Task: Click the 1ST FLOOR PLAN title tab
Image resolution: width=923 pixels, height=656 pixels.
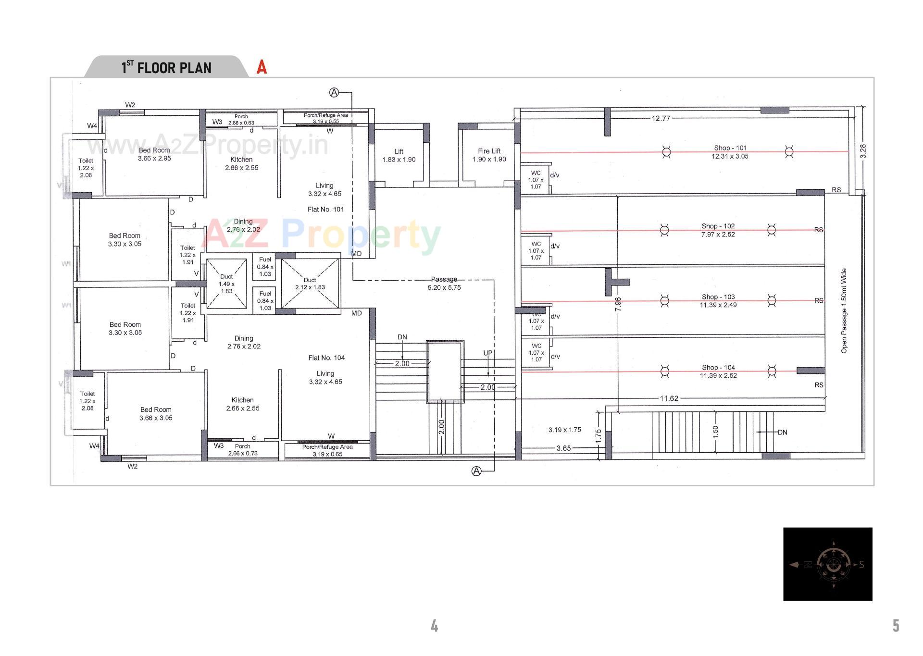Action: pyautogui.click(x=166, y=67)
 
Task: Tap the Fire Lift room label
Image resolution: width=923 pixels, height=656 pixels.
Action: pyautogui.click(x=489, y=155)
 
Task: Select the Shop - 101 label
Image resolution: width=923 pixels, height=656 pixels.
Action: pyautogui.click(x=730, y=152)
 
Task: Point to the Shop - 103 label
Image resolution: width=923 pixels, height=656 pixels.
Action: pyautogui.click(x=718, y=301)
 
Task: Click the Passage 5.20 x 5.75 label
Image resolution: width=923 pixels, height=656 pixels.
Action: pyautogui.click(x=444, y=283)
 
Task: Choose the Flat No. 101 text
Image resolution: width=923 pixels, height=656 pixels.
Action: pyautogui.click(x=325, y=210)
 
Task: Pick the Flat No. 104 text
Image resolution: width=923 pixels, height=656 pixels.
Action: pyautogui.click(x=326, y=358)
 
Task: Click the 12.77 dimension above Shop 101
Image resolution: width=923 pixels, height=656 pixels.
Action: pyautogui.click(x=661, y=118)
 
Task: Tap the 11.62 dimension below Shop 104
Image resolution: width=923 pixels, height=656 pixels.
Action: pyautogui.click(x=669, y=398)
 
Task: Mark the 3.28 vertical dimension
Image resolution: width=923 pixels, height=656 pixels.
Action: pyautogui.click(x=863, y=151)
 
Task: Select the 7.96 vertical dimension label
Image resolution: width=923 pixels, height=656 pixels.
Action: pyautogui.click(x=618, y=304)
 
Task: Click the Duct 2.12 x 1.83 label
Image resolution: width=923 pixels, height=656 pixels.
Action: pyautogui.click(x=310, y=284)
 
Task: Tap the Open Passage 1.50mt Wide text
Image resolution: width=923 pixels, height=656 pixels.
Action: pyautogui.click(x=844, y=311)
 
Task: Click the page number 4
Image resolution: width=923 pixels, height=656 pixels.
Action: pyautogui.click(x=434, y=626)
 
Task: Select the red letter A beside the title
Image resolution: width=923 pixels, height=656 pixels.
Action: pyautogui.click(x=262, y=67)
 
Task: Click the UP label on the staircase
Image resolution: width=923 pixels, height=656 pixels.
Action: pyautogui.click(x=487, y=353)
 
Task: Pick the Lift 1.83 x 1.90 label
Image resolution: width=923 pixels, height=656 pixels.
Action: pyautogui.click(x=399, y=155)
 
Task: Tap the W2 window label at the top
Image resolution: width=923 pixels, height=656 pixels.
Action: pyautogui.click(x=130, y=105)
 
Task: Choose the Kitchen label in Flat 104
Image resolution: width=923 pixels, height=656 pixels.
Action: pyautogui.click(x=242, y=404)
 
